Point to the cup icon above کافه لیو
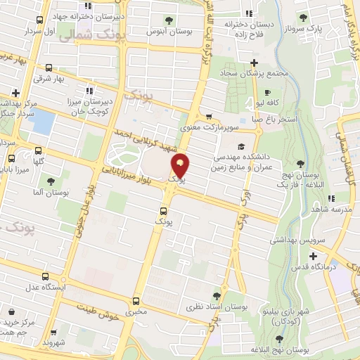click(x=266, y=92)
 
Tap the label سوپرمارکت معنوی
click(x=229, y=126)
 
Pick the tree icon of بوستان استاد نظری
click(x=216, y=296)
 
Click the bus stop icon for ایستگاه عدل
click(x=46, y=277)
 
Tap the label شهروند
click(x=53, y=343)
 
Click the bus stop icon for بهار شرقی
click(x=48, y=68)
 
